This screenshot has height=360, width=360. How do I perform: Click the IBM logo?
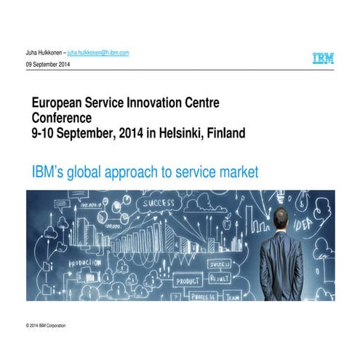pos(324,58)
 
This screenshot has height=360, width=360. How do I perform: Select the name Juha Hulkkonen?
pos(43,53)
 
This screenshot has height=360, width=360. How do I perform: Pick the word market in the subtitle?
pos(235,172)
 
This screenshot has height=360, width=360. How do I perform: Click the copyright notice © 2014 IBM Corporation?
pos(45,325)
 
